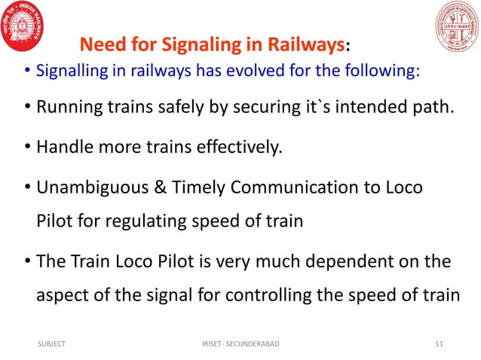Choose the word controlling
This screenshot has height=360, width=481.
[260, 295]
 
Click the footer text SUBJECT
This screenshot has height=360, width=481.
[51, 344]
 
